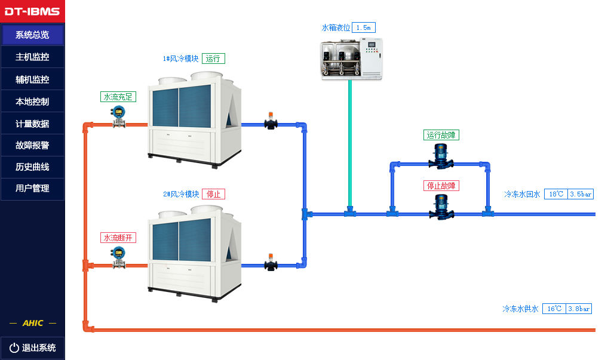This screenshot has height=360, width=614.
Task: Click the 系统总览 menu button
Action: [32, 35]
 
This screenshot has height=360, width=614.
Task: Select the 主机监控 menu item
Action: [32, 57]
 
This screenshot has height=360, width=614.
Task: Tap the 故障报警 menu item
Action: [32, 145]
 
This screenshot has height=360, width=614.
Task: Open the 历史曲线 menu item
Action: [32, 167]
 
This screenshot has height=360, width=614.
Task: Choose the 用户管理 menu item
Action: [32, 189]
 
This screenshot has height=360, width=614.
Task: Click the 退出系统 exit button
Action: [32, 347]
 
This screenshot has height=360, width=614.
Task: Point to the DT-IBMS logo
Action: [32, 11]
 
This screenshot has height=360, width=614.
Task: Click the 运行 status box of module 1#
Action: [213, 59]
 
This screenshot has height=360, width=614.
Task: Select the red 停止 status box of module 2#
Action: [213, 194]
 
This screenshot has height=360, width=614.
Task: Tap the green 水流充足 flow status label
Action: [118, 97]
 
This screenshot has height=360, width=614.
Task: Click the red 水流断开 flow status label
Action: [118, 238]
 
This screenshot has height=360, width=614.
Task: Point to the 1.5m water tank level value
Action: [363, 27]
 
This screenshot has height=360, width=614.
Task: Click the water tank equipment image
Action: [351, 59]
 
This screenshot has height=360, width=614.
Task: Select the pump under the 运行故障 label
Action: [441, 156]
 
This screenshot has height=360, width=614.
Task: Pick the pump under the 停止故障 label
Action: [441, 208]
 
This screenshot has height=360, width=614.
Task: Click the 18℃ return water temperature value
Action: [556, 194]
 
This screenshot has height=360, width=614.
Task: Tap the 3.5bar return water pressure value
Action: [581, 194]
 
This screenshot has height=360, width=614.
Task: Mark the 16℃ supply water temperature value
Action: [554, 309]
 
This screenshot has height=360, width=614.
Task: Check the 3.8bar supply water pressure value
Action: [579, 309]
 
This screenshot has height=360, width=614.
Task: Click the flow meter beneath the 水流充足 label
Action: [118, 116]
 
